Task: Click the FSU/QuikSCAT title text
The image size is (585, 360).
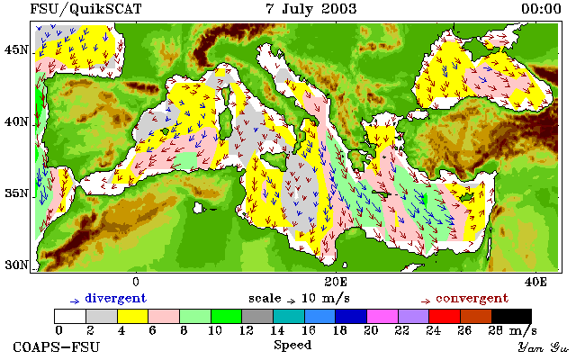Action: (x=85, y=9)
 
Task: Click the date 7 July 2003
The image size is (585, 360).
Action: (x=310, y=9)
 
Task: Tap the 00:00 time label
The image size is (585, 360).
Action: (x=541, y=9)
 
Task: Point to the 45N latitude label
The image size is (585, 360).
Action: (x=16, y=49)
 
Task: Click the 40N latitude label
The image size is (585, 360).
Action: (x=16, y=121)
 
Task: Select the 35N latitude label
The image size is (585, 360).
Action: (x=16, y=193)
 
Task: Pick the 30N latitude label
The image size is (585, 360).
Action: (x=16, y=265)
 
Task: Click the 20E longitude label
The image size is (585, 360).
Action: (x=336, y=282)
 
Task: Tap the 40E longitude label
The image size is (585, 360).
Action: (x=535, y=282)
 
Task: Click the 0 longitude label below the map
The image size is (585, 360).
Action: (x=136, y=282)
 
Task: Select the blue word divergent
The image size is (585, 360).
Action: (x=116, y=299)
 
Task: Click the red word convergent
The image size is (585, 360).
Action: (x=472, y=299)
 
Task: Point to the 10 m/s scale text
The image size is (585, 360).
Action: (x=325, y=299)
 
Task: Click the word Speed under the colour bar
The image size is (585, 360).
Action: (x=292, y=345)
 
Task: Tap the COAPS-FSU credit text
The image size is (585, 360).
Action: (x=57, y=347)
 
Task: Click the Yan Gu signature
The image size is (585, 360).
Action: (x=544, y=348)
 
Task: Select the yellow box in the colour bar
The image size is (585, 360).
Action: (x=133, y=316)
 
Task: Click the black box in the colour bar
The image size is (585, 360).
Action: (x=511, y=316)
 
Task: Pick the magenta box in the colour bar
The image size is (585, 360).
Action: (x=382, y=316)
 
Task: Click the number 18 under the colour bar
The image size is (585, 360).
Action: (x=339, y=330)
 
